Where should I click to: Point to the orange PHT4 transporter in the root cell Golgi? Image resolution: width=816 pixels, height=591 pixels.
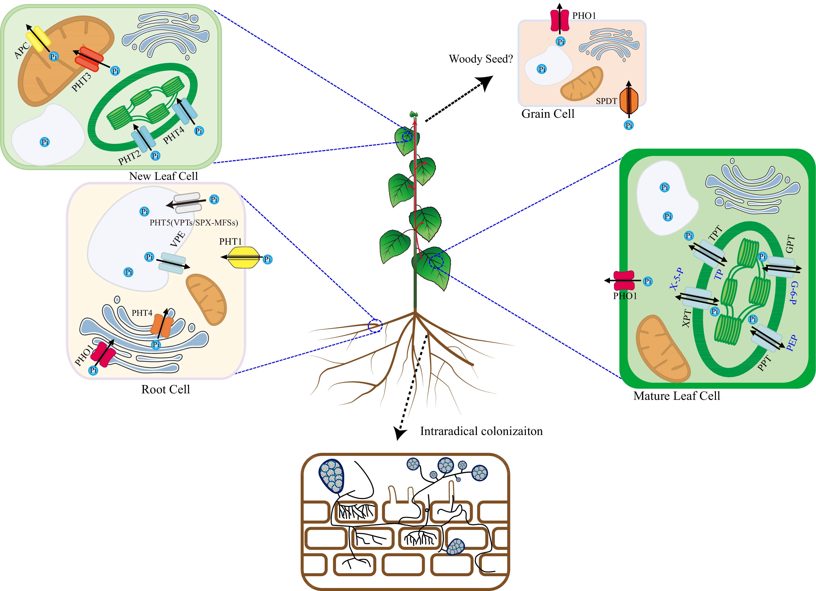(x=162, y=325)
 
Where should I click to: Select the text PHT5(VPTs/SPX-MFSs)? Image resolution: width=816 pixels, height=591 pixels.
(x=194, y=223)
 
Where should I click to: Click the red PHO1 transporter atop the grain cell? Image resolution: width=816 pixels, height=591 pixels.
(x=560, y=20)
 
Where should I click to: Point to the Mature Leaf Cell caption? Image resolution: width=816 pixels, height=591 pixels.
(x=676, y=396)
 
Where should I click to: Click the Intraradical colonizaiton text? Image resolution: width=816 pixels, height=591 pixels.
(x=481, y=431)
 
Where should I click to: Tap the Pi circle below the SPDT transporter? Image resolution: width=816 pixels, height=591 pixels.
(x=629, y=125)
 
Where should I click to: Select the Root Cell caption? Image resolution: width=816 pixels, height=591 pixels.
(x=166, y=389)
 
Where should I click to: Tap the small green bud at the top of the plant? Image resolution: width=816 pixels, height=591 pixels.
(x=414, y=114)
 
